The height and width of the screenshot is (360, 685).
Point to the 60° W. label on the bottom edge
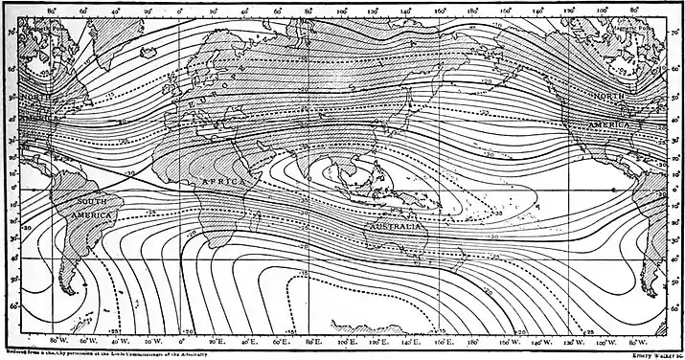(x=89, y=339)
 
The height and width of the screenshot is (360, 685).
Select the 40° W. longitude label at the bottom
(x=122, y=339)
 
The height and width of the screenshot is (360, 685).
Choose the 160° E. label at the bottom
(x=443, y=339)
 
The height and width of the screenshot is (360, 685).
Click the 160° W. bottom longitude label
(x=509, y=339)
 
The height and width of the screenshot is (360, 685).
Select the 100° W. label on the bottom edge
(x=607, y=339)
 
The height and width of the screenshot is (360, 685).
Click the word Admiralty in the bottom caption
(x=240, y=351)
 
